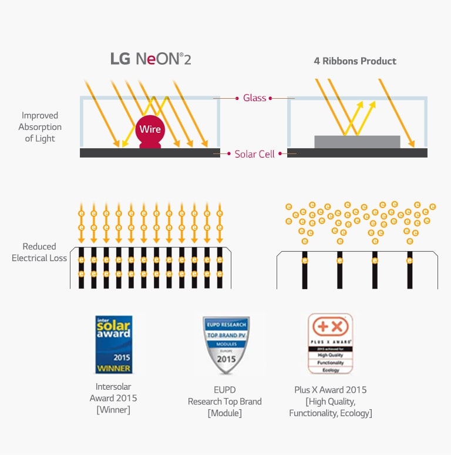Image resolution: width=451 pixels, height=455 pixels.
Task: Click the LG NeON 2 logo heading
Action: [151, 59]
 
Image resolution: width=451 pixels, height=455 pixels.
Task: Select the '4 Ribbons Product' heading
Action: [355, 61]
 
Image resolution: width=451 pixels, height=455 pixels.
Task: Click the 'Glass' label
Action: [254, 98]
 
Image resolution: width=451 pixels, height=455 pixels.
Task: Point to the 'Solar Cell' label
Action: [254, 154]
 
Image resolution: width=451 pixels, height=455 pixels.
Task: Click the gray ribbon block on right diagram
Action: [357, 142]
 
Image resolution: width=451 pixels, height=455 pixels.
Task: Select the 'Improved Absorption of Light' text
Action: [40, 127]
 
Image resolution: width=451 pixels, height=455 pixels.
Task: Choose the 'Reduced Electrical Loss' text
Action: [39, 252]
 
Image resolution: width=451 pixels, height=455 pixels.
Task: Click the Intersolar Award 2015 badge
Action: [114, 344]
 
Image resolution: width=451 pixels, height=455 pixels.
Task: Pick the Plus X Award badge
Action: [331, 344]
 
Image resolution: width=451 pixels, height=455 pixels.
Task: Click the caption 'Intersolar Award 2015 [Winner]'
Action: [114, 398]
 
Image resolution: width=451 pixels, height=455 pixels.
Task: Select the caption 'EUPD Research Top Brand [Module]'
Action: [225, 402]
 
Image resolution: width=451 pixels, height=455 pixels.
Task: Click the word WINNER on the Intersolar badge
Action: [114, 369]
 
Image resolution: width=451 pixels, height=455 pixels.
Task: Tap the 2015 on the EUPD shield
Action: [226, 359]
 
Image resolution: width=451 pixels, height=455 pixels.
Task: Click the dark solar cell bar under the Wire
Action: [150, 153]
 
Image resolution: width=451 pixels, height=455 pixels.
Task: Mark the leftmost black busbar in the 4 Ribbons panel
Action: [305, 270]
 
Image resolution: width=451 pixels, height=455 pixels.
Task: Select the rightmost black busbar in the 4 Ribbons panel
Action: [410, 270]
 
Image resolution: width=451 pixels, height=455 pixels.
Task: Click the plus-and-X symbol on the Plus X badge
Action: [331, 327]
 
